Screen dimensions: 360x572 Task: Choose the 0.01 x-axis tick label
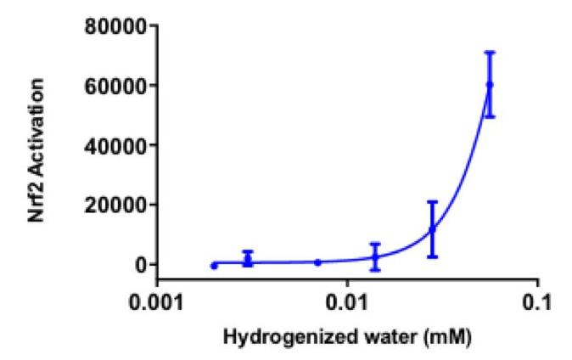[x=348, y=301]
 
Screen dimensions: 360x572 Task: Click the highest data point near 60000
[x=489, y=85]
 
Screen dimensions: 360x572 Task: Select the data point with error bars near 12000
[x=432, y=229]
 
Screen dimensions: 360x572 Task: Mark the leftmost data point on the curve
[x=214, y=266]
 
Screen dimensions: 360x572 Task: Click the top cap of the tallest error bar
[x=489, y=53]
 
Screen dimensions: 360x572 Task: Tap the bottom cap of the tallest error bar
[x=489, y=116]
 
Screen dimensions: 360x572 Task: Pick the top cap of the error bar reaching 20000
[x=432, y=202]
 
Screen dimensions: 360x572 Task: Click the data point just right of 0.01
[x=375, y=256]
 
